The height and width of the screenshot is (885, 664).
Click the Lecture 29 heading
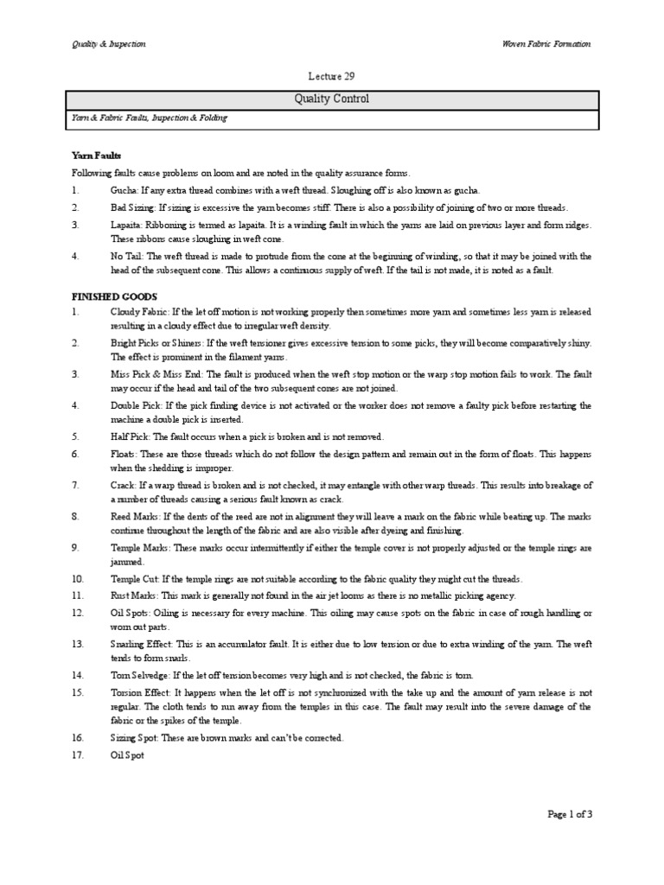click(332, 76)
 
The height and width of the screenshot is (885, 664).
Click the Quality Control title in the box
click(332, 99)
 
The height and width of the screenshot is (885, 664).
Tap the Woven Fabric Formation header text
click(546, 44)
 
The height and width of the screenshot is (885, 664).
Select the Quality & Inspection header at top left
click(108, 44)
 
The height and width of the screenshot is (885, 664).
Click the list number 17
click(77, 754)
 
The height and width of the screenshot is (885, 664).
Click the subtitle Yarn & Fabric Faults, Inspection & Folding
click(149, 118)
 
